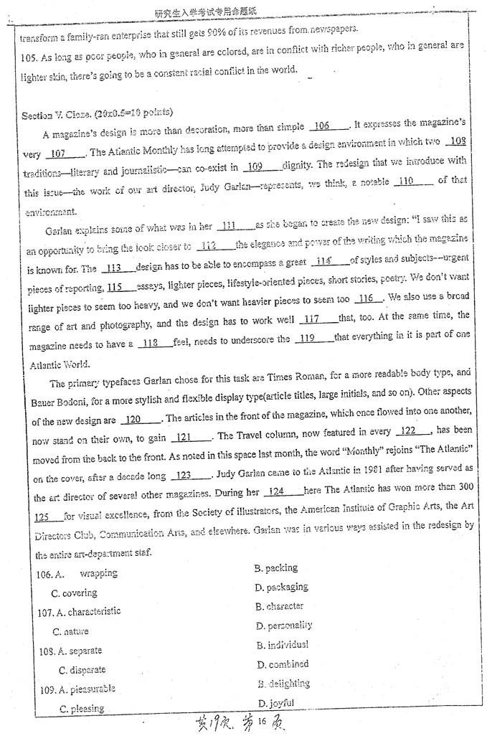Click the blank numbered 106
(328, 126)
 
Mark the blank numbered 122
(412, 431)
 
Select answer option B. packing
(275, 568)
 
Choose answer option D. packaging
(281, 587)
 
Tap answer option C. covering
(74, 593)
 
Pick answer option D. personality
(284, 626)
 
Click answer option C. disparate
(82, 670)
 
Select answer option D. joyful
(275, 702)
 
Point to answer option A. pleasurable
(77, 689)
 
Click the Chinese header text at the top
(205, 12)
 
